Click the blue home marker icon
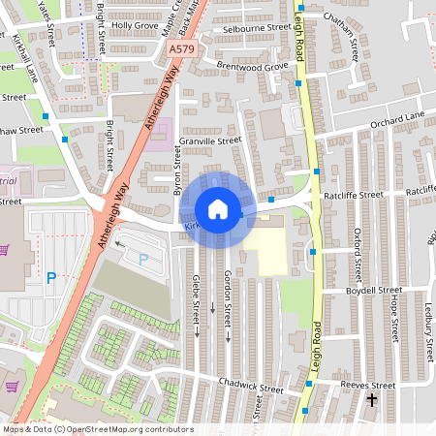point(218,209)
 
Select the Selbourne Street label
point(257,28)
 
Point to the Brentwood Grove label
point(253,66)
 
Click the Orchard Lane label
point(397,116)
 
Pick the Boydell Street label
point(373,290)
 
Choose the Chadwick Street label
point(252,389)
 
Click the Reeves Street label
point(369,385)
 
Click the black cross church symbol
point(372,399)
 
